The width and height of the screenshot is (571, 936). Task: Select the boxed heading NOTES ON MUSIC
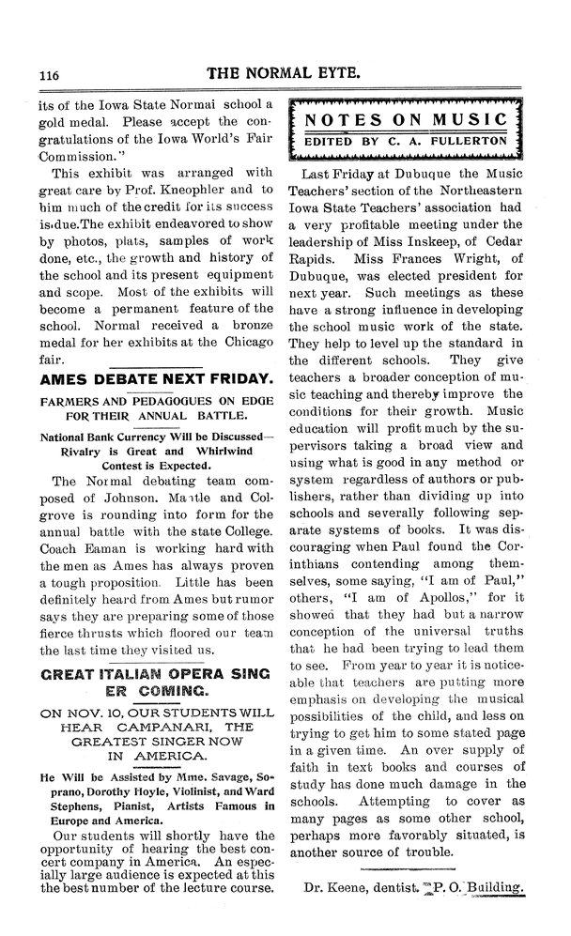(x=406, y=120)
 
